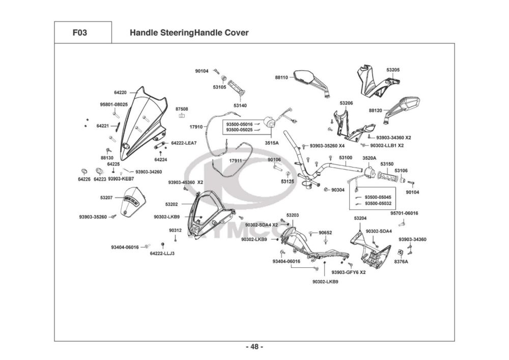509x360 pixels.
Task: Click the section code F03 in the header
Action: click(79, 33)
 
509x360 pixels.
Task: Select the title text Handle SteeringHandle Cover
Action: click(189, 33)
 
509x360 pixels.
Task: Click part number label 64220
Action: click(120, 93)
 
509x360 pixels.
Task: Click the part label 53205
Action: click(393, 70)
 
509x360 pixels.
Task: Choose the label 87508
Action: click(182, 109)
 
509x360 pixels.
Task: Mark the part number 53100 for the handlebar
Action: click(346, 158)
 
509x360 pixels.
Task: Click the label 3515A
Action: click(271, 144)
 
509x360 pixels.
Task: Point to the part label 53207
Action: click(107, 197)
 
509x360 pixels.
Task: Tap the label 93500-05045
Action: click(378, 197)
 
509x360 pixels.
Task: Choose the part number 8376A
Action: click(401, 262)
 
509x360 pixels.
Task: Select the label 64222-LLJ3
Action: click(162, 254)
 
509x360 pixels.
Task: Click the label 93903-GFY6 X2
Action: click(349, 272)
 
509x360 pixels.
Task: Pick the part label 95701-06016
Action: click(404, 213)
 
